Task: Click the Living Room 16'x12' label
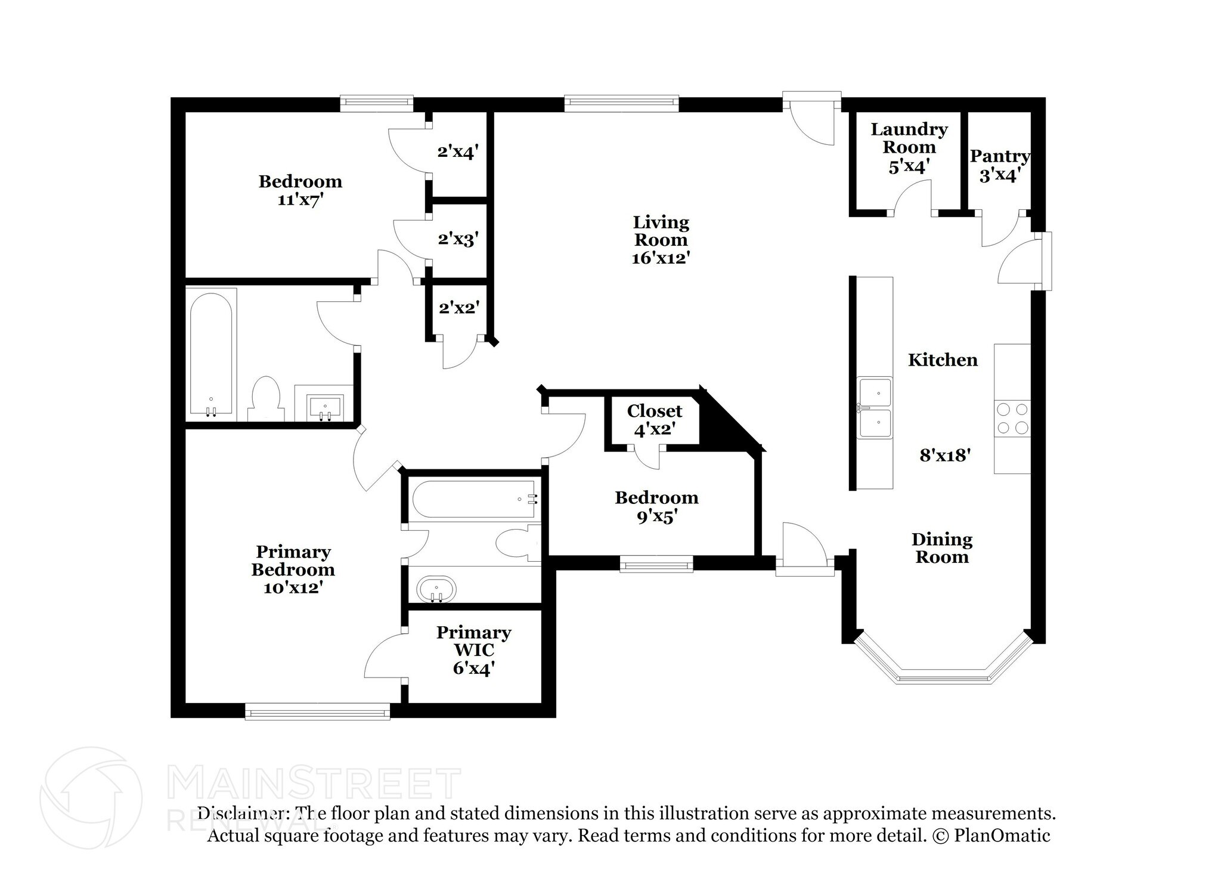pos(661,240)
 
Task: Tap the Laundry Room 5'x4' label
pos(909,147)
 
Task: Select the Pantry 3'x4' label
pos(1000,166)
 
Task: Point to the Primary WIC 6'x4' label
pos(473,650)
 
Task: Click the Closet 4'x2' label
pos(654,419)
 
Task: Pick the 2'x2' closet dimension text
pos(458,308)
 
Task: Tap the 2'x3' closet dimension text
pos(458,240)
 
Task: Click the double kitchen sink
pos(874,409)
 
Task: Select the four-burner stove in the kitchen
pos(1012,418)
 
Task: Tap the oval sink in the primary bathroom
pos(436,589)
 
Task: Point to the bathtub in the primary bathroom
pos(474,499)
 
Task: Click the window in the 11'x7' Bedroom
pos(376,104)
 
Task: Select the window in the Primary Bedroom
pos(318,711)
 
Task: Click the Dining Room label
pos(941,548)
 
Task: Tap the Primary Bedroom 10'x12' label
pos(293,569)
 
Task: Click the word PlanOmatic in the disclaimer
pos(1002,836)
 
